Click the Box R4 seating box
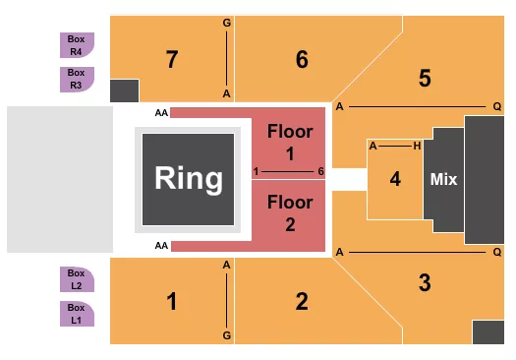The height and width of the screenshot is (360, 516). tap(76, 44)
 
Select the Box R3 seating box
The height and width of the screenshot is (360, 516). tap(76, 78)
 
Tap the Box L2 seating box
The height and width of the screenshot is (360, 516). tap(76, 278)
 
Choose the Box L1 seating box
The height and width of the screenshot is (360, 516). tap(76, 313)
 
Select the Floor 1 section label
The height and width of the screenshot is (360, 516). tap(290, 141)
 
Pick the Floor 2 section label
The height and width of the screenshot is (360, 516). tap(290, 213)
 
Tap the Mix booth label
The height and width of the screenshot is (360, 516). tap(442, 180)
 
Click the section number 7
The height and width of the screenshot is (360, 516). tap(172, 60)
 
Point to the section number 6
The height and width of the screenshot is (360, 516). tap(302, 60)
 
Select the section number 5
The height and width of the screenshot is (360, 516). tap(425, 78)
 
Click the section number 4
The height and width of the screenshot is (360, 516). tap(395, 180)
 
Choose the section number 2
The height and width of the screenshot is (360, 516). tap(302, 302)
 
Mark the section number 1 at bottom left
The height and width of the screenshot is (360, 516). tap(172, 302)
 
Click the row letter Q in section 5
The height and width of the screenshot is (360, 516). tap(497, 106)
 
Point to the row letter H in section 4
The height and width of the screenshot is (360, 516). tap(418, 146)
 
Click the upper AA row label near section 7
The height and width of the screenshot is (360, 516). tap(161, 114)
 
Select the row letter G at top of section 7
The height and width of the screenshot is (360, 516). tap(227, 22)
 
